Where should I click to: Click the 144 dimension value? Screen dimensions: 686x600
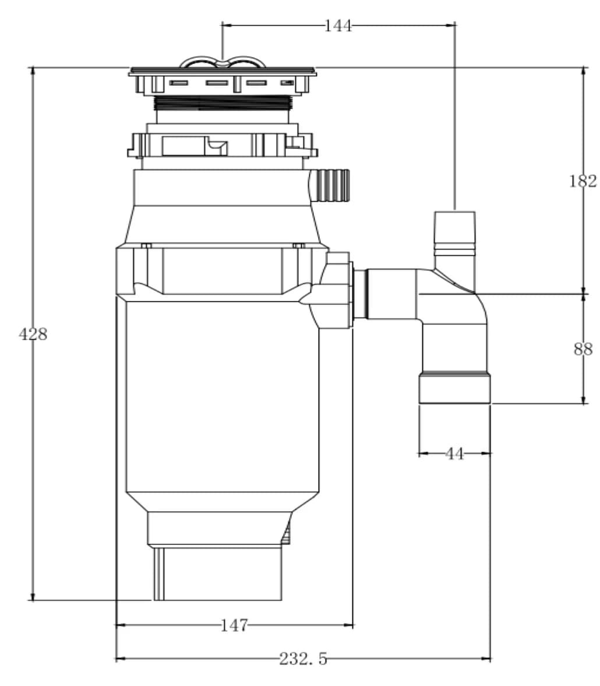pos(338,26)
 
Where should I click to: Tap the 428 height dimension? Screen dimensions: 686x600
pos(33,335)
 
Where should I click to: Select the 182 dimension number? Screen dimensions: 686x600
pos(583,181)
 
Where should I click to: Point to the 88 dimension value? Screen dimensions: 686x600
pos(583,349)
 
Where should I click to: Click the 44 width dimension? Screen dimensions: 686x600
pos(454,453)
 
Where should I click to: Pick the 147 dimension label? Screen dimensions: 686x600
pos(234,626)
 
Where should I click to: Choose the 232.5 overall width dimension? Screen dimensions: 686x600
pos(303,659)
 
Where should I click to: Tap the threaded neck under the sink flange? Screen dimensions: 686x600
pos(223,104)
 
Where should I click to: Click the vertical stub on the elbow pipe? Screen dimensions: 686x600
pos(454,233)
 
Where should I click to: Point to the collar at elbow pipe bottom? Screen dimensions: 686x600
pos(454,389)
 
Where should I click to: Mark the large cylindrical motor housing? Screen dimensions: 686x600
pos(223,396)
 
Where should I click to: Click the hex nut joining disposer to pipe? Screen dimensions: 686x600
pos(338,290)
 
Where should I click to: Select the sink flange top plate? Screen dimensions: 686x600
pos(223,72)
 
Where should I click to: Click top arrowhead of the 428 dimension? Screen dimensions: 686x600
pos(33,71)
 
